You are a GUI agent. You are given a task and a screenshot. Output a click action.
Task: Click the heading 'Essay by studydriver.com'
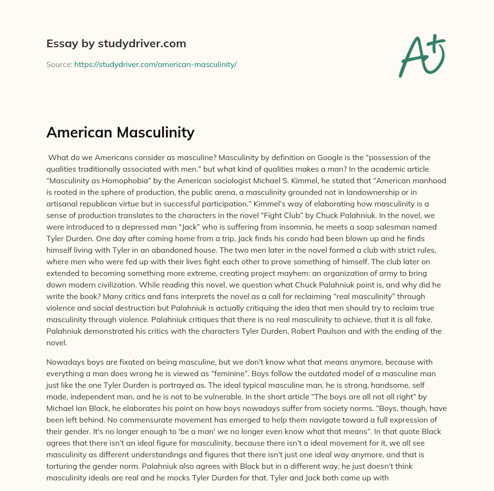pyautogui.click(x=116, y=44)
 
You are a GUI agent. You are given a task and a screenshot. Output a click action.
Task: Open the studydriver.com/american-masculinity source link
pyautogui.click(x=155, y=64)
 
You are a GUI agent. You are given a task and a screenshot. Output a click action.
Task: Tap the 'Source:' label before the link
pyautogui.click(x=59, y=64)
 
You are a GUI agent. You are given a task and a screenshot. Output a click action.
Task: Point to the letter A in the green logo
pyautogui.click(x=413, y=55)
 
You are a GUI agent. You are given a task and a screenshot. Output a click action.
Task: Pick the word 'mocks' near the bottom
pyautogui.click(x=207, y=477)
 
